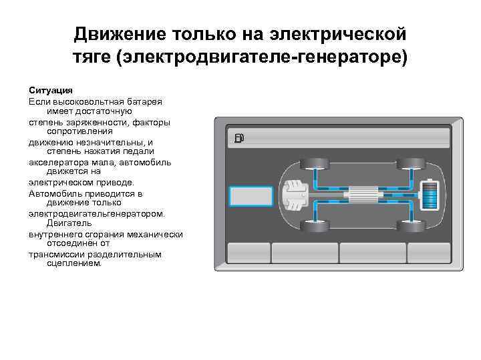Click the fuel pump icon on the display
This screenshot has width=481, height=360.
pyautogui.click(x=240, y=139)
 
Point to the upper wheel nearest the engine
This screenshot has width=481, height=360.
pyautogui.click(x=311, y=163)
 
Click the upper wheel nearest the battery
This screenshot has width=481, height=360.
pyautogui.click(x=405, y=163)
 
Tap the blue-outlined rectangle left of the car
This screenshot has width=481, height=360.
pyautogui.click(x=250, y=196)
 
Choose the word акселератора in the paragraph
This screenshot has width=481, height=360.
pyautogui.click(x=57, y=162)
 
